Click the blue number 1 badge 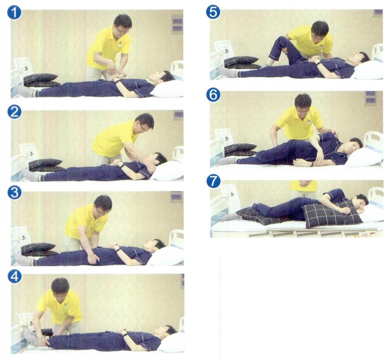click(14, 13)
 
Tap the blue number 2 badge click(14, 112)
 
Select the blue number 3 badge click(14, 193)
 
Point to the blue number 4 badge click(14, 276)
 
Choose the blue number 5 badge click(213, 13)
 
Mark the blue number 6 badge click(213, 95)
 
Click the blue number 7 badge click(213, 181)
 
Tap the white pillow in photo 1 click(167, 89)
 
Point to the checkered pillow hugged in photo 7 click(332, 213)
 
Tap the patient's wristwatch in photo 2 click(122, 165)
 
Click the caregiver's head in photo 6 click(303, 103)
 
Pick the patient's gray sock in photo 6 click(227, 160)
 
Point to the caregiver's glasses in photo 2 click(142, 128)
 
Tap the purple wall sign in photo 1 click(177, 25)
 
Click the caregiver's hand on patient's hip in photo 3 click(93, 258)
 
